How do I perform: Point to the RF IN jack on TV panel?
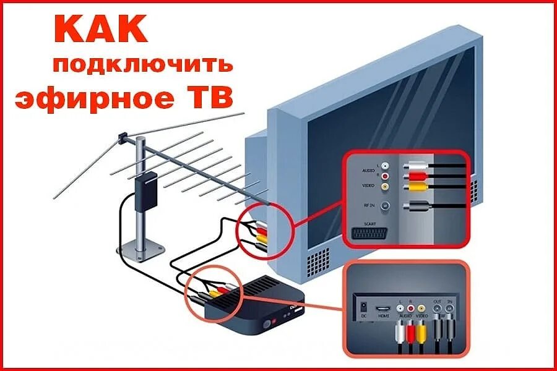(x=386, y=206)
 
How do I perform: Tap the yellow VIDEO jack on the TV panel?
(x=386, y=185)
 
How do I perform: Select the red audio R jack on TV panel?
(x=386, y=176)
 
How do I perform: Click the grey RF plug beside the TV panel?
(x=415, y=206)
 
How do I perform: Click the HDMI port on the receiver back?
(x=383, y=307)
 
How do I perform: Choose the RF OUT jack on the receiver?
(x=438, y=307)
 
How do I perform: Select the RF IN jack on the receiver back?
(x=451, y=307)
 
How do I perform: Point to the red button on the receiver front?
(x=267, y=323)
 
